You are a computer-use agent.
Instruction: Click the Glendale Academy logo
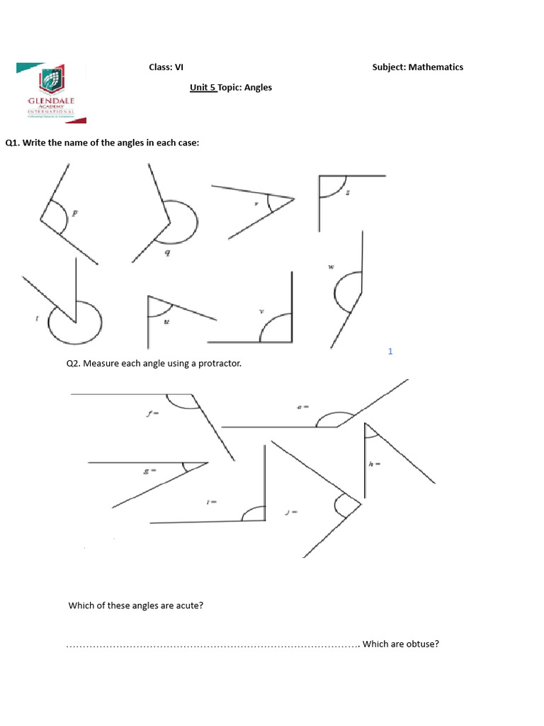point(50,90)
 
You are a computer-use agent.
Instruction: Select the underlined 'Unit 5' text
point(203,87)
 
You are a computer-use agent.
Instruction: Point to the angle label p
point(76,211)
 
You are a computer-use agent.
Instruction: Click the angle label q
point(167,252)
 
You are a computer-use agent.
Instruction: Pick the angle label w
point(331,267)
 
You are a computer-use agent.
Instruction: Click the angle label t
point(37,318)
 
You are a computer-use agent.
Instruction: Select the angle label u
point(166,321)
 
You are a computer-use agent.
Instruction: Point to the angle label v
point(261,311)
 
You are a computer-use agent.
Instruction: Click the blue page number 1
point(390,352)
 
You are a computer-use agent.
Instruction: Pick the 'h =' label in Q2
point(375,464)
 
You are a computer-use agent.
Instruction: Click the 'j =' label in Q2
point(290,511)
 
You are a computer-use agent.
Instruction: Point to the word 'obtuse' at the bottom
point(422,644)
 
